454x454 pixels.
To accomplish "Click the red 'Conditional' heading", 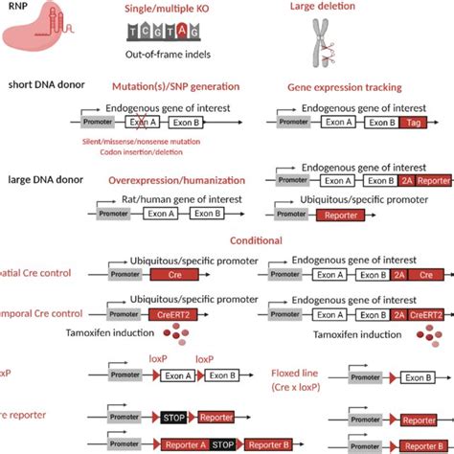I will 255,240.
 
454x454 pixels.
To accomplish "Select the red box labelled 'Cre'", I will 173,275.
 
